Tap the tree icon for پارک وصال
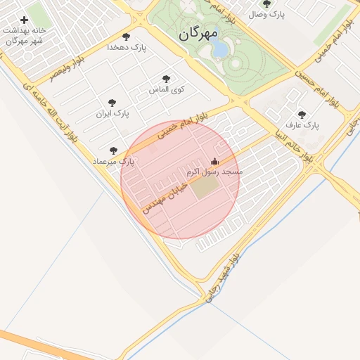(x=266, y=4)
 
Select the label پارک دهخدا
(x=126, y=47)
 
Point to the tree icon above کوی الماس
(x=166, y=79)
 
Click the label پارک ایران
(x=112, y=112)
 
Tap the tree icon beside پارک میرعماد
(x=114, y=150)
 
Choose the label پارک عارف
(x=302, y=125)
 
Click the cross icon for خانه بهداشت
(x=24, y=20)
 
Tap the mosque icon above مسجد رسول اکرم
(x=214, y=161)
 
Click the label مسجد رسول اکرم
(x=214, y=172)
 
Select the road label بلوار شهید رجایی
(x=224, y=278)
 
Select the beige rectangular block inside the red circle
(x=206, y=187)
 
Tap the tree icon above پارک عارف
(x=302, y=115)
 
